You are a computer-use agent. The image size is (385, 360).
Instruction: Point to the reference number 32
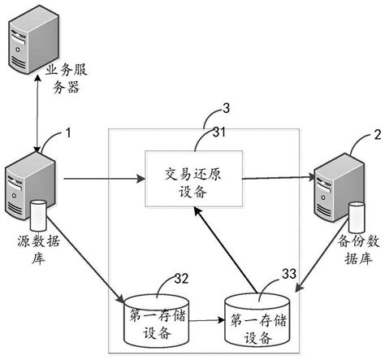click(183, 280)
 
